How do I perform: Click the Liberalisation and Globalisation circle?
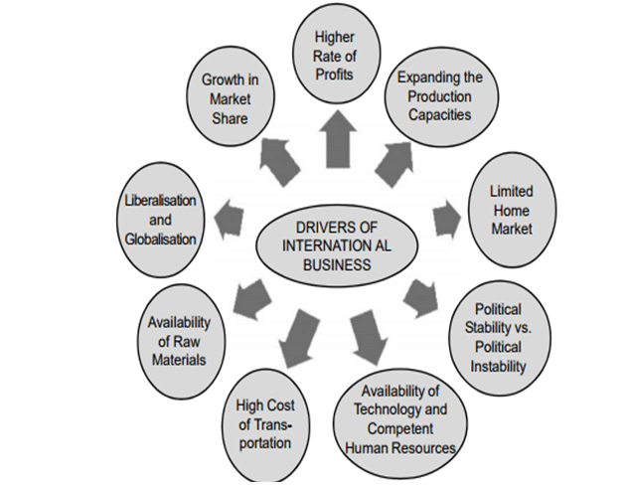point(162,214)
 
